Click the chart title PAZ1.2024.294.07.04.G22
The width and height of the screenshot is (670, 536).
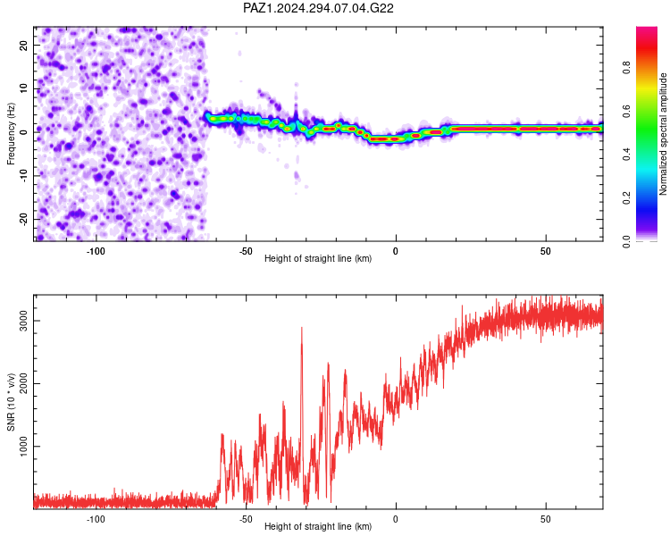[x=318, y=8]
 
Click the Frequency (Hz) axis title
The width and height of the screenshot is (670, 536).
[x=11, y=134]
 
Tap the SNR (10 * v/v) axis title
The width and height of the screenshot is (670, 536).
[x=11, y=402]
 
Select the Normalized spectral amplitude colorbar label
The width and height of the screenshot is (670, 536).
[x=663, y=134]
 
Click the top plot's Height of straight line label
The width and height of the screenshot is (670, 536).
[x=318, y=258]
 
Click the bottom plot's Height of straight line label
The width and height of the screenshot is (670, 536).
[x=318, y=526]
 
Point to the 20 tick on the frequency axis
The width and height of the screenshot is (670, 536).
[x=24, y=45]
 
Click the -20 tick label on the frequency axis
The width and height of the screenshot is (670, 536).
[x=24, y=219]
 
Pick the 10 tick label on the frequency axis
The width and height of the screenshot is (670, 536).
[x=24, y=88]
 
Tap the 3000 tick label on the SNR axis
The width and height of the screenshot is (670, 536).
[x=24, y=321]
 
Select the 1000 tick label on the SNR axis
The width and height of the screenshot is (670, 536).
[x=24, y=447]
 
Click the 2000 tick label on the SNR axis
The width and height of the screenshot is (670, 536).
[x=24, y=383]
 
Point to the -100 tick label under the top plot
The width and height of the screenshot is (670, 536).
[x=96, y=251]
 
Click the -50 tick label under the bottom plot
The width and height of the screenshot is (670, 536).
[x=246, y=519]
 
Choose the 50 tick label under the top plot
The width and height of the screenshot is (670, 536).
[x=546, y=251]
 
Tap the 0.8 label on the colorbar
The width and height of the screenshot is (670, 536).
[x=626, y=68]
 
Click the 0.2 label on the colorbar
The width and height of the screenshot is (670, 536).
[x=626, y=198]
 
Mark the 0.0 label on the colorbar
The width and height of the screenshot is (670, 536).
[x=626, y=241]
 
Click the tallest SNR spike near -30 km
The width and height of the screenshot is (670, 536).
[x=302, y=328]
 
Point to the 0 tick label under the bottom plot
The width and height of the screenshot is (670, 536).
[x=396, y=519]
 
